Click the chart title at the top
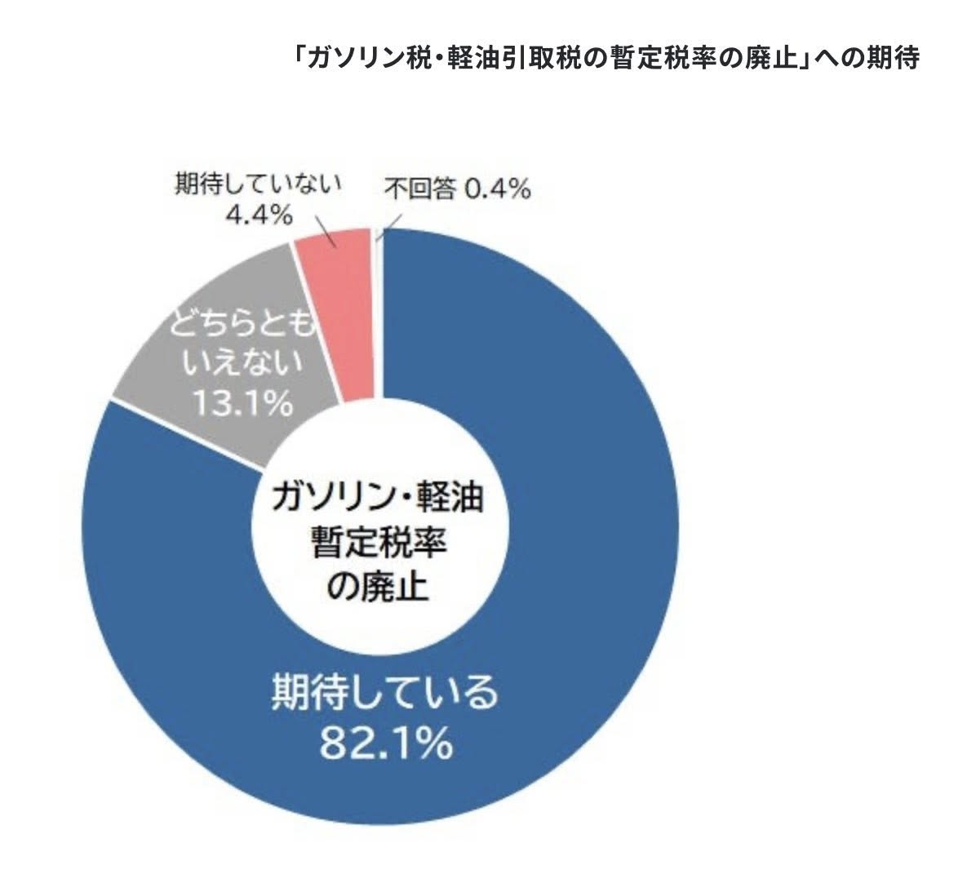608,59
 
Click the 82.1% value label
384,742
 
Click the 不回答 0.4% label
458,189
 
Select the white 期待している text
384,692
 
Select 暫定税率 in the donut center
378,541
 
